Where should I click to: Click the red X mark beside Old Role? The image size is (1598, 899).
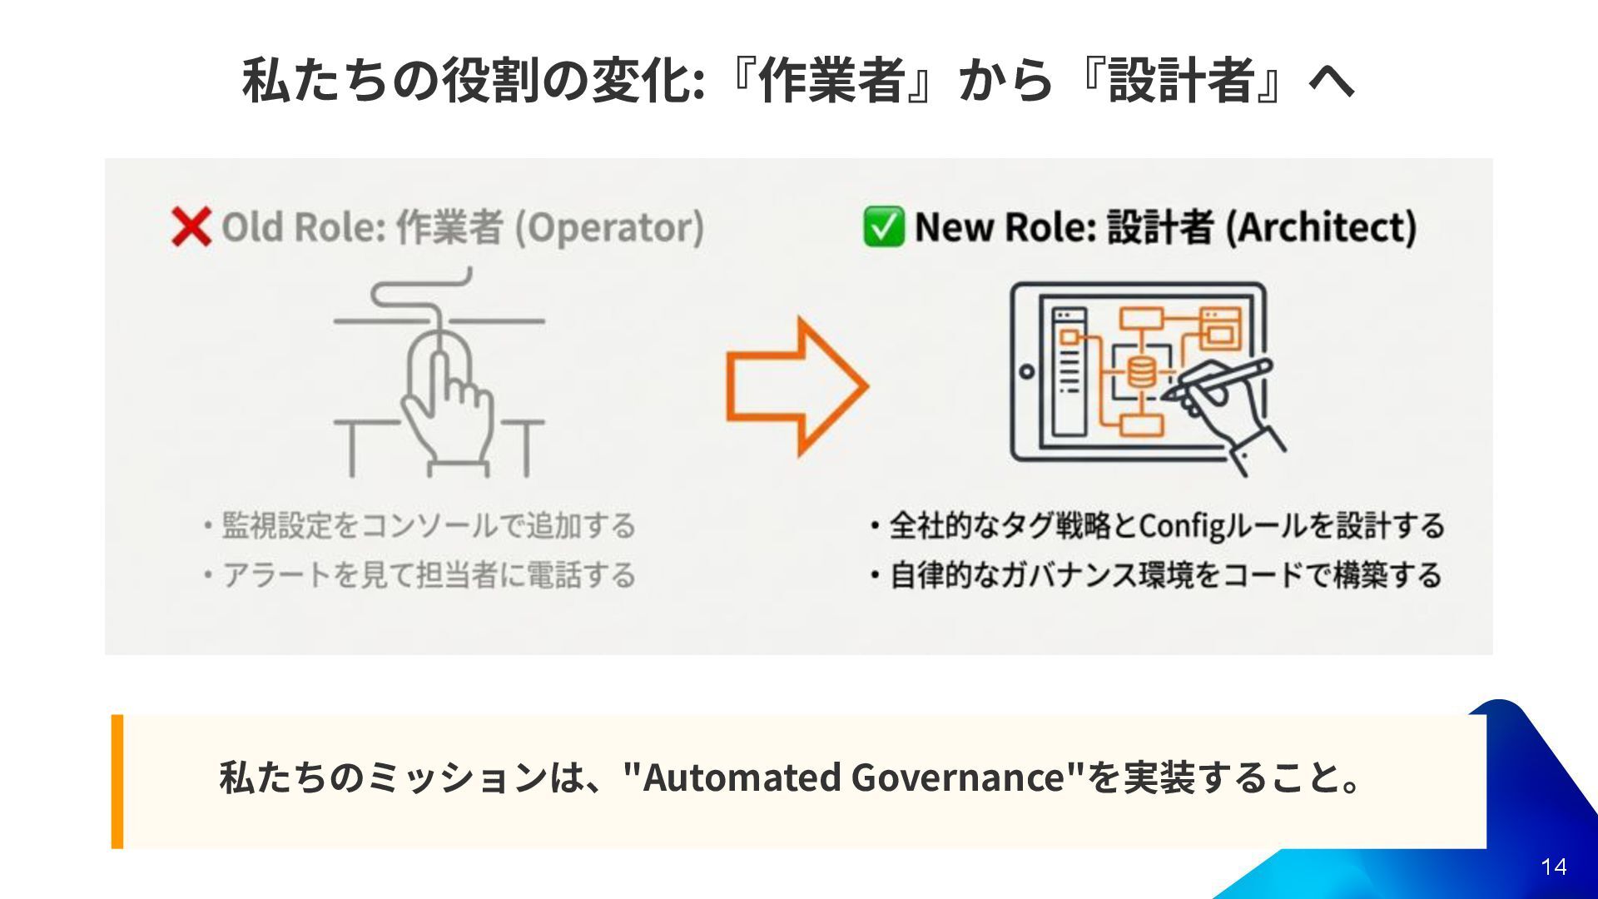tap(191, 227)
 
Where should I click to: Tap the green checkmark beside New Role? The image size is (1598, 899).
tap(882, 227)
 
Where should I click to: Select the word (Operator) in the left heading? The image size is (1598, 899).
tap(609, 227)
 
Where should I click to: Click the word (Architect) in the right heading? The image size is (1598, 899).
tap(1321, 227)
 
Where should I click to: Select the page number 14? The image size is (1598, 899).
tap(1553, 867)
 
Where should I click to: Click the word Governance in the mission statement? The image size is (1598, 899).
tap(958, 777)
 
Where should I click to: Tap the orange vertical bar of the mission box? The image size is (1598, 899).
tap(117, 781)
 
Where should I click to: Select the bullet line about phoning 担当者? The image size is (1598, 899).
tap(421, 575)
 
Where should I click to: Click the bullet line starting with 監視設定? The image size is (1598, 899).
tap(421, 526)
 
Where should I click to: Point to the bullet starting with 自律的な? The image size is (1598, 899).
tap(1157, 575)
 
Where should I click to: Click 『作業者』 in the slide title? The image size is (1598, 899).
tap(841, 81)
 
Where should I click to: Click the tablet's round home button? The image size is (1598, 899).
tap(1027, 372)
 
